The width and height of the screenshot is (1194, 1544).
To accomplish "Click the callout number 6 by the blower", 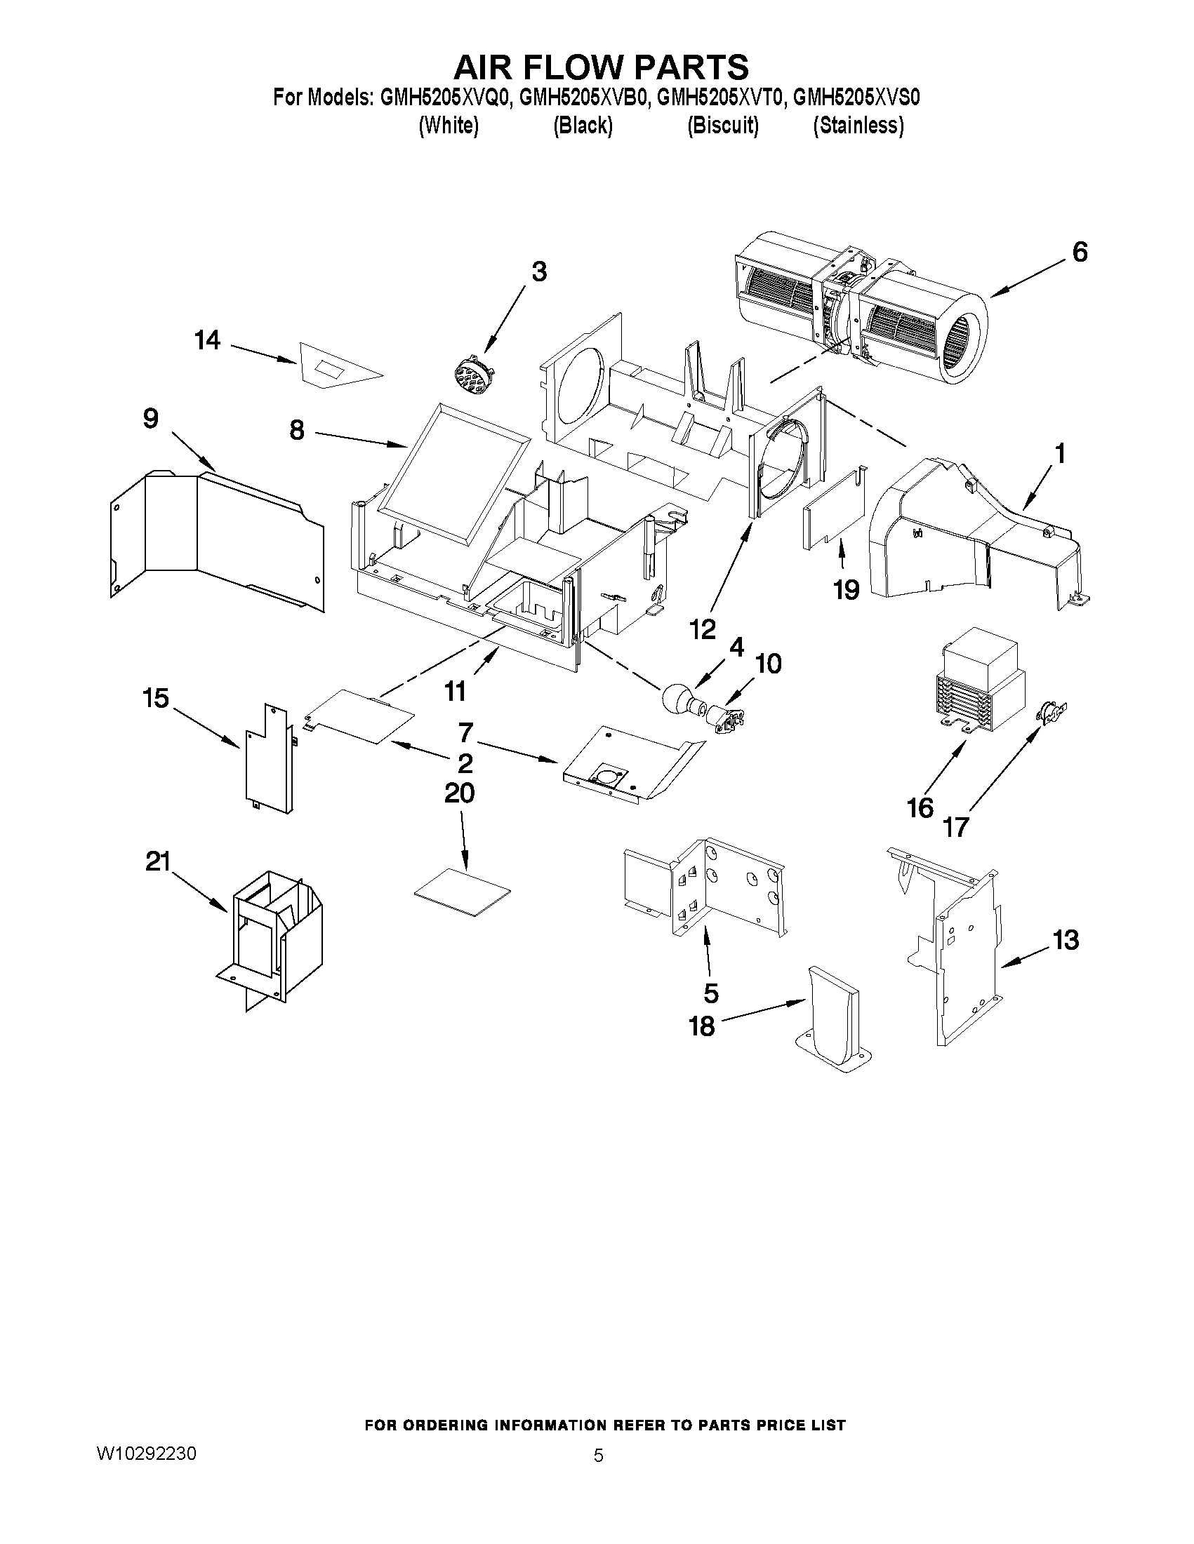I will click(1080, 253).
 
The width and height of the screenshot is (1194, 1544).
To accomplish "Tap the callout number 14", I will click(207, 341).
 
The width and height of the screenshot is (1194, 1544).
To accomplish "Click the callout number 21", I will click(158, 861).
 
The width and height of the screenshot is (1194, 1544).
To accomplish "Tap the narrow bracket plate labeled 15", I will click(269, 760).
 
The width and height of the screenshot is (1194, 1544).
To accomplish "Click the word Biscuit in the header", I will click(723, 126).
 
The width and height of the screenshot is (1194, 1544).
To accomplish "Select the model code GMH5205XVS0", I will click(856, 98).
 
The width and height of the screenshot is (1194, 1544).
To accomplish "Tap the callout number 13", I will click(1066, 940).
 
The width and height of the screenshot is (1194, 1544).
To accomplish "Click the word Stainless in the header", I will click(858, 126).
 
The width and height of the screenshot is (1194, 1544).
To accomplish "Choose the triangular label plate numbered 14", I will click(335, 367).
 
